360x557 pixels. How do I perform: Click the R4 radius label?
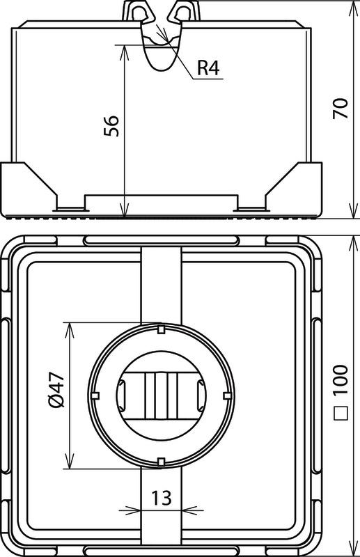209,68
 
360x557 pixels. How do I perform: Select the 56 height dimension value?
111,126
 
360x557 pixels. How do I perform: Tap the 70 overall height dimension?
340,108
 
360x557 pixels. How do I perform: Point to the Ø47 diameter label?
56,389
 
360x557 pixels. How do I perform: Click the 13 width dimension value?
162,498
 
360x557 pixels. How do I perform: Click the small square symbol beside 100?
341,414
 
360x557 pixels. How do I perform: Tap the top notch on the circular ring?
161,329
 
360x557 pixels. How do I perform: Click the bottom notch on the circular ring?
161,462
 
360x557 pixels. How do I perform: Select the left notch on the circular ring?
95,395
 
